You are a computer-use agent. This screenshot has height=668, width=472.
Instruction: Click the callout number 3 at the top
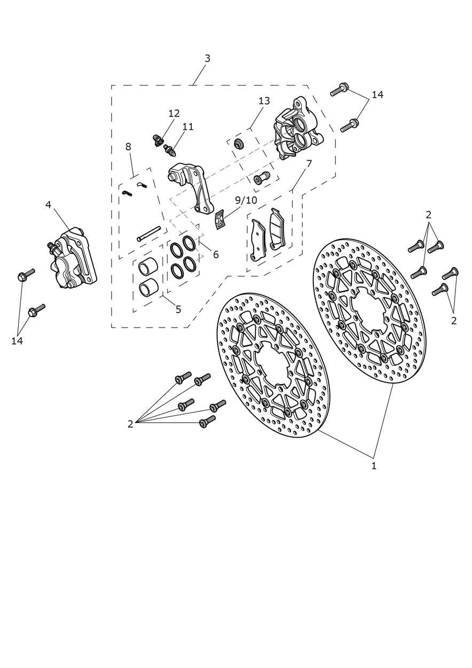(207, 58)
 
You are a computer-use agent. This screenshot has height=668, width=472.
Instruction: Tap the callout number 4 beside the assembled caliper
(48, 205)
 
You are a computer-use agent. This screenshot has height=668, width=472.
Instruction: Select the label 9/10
(246, 200)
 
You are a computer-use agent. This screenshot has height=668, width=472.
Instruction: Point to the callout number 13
(264, 101)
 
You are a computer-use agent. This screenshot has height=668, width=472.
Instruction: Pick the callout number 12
(174, 113)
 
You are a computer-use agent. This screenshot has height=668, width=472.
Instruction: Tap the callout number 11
(188, 127)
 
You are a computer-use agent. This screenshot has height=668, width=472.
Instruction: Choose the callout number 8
(129, 147)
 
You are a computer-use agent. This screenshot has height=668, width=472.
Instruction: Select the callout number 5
(178, 309)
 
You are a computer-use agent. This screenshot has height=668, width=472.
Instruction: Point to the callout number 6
(216, 254)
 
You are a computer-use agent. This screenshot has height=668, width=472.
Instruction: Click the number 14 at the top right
(377, 95)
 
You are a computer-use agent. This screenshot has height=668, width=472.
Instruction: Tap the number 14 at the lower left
(17, 341)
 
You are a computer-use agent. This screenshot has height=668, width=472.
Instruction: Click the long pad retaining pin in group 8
(149, 234)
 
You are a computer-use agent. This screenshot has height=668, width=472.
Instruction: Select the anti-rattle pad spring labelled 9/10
(220, 219)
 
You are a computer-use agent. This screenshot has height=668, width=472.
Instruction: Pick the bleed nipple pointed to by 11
(171, 150)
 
